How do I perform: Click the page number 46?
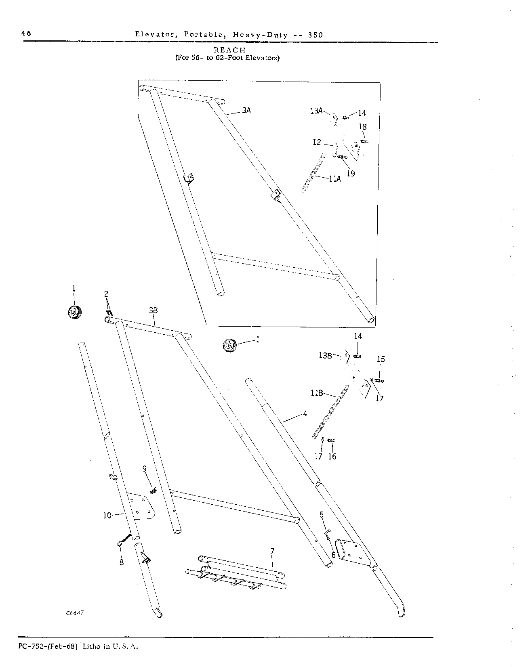26,33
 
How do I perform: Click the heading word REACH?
229,50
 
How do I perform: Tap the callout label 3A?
246,110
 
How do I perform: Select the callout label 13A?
317,111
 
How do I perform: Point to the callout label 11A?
334,178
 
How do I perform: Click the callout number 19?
351,173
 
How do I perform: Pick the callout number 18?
363,127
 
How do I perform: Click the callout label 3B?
153,310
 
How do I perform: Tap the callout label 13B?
325,355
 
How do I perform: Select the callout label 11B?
317,392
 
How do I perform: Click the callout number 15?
381,359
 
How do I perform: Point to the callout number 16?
332,456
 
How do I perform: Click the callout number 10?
107,515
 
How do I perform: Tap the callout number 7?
272,551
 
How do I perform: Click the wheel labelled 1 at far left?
74,313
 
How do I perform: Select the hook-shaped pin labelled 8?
125,541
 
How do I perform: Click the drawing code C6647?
75,612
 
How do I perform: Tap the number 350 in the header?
315,35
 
